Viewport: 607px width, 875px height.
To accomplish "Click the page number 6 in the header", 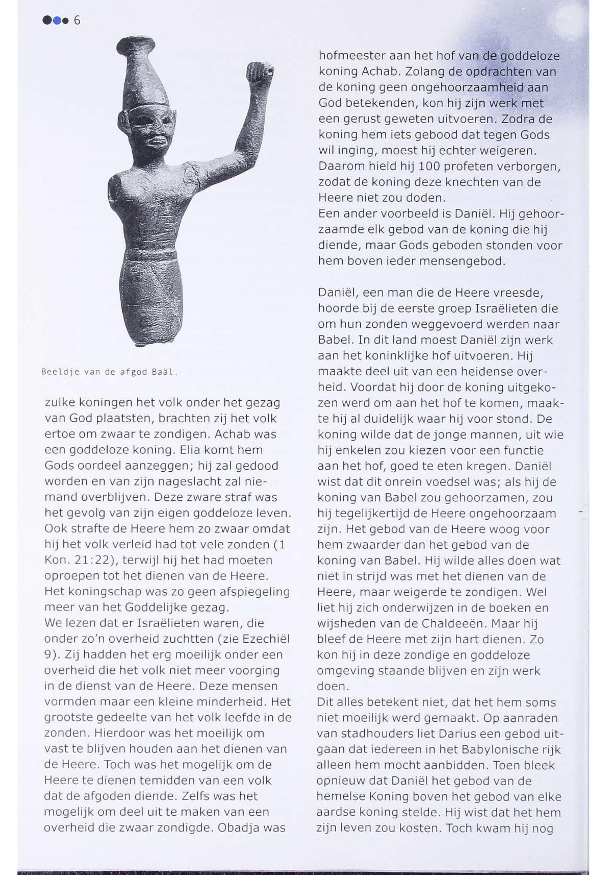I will point(77,20).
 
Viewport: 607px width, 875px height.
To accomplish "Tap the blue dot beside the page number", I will point(57,20).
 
